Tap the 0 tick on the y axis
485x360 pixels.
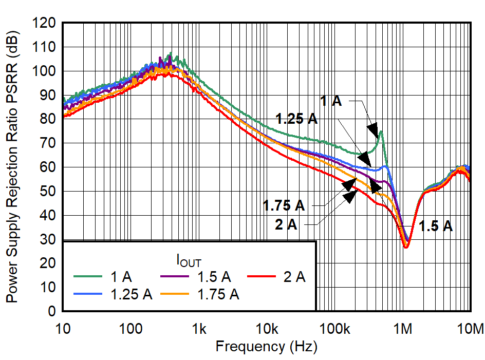point(53,312)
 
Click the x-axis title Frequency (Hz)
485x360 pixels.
point(266,347)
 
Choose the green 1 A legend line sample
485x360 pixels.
point(88,277)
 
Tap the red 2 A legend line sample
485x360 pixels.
point(263,277)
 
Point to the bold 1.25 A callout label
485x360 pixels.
point(296,120)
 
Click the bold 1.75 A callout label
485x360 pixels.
point(284,206)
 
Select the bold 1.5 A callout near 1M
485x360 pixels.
point(435,226)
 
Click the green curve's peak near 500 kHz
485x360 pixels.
point(381,131)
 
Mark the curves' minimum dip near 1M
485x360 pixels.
point(406,247)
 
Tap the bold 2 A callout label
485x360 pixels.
point(286,224)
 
